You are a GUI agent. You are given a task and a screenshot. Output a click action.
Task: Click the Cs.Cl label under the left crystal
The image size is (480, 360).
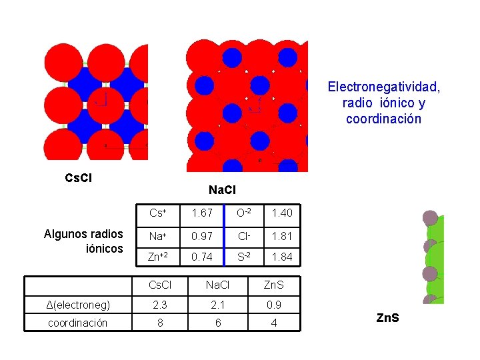(78, 178)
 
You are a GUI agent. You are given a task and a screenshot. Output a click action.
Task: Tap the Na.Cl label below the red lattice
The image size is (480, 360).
(221, 191)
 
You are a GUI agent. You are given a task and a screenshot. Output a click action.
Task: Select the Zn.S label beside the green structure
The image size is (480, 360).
(387, 318)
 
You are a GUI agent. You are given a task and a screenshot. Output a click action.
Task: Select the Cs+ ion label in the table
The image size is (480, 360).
(158, 213)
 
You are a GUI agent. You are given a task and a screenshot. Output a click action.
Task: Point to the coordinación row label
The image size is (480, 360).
(77, 323)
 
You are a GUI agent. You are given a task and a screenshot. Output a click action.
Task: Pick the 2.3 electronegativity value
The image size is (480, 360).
(159, 305)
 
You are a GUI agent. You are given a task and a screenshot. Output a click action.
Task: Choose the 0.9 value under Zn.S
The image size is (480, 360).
(272, 305)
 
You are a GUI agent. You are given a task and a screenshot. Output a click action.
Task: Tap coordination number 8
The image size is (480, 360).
(159, 323)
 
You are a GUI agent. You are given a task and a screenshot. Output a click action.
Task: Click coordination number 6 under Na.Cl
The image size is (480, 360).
(217, 323)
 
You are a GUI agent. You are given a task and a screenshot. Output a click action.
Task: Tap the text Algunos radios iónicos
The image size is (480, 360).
(83, 241)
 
